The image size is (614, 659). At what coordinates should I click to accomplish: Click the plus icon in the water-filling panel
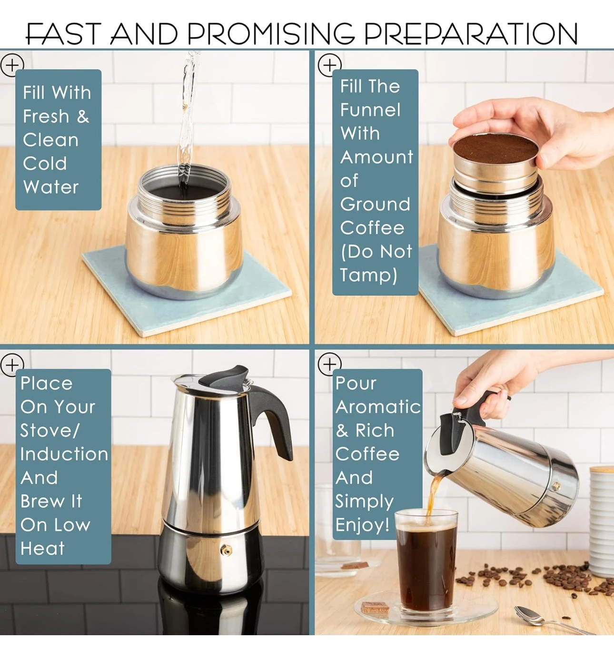point(12,65)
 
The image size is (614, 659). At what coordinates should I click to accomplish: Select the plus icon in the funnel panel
point(329,65)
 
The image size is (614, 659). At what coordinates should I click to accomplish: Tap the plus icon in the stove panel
point(12,365)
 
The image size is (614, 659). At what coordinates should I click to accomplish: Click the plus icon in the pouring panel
point(329,365)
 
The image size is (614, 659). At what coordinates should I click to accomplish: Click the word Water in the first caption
point(51,187)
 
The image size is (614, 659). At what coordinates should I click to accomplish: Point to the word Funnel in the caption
point(370,110)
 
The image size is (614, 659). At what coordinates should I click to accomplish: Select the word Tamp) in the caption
point(368,275)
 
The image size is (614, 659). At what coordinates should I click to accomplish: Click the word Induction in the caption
point(64,454)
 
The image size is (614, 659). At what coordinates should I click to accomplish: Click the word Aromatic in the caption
point(378,407)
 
